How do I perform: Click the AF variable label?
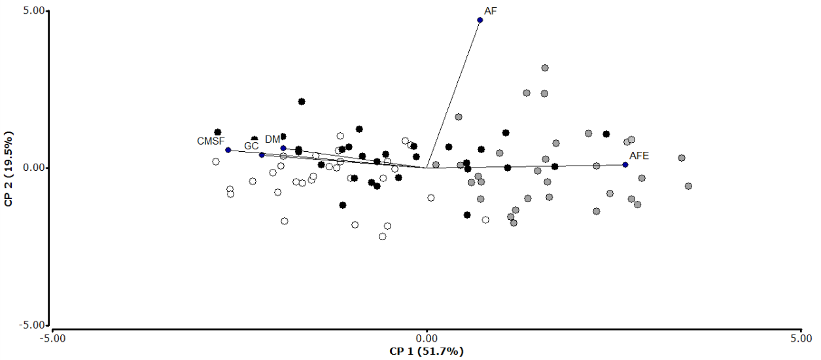pyautogui.click(x=491, y=11)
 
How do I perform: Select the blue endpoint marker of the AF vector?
pyautogui.click(x=480, y=20)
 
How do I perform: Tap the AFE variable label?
pyautogui.click(x=639, y=156)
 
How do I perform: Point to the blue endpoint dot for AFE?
pyautogui.click(x=625, y=165)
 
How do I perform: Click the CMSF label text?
pyautogui.click(x=211, y=141)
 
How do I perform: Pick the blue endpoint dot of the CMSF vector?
pyautogui.click(x=228, y=150)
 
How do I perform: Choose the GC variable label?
pyautogui.click(x=252, y=145)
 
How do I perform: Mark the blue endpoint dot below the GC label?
pyautogui.click(x=262, y=155)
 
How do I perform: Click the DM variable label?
pyautogui.click(x=273, y=139)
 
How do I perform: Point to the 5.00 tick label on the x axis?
pyautogui.click(x=800, y=338)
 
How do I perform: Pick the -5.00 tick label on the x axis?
pyautogui.click(x=52, y=338)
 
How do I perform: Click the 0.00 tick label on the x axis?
pyautogui.click(x=427, y=338)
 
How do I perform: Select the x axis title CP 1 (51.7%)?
pyautogui.click(x=427, y=351)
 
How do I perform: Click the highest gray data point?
pyautogui.click(x=545, y=68)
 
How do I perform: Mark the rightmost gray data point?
pyautogui.click(x=688, y=187)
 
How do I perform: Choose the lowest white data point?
pyautogui.click(x=383, y=237)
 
